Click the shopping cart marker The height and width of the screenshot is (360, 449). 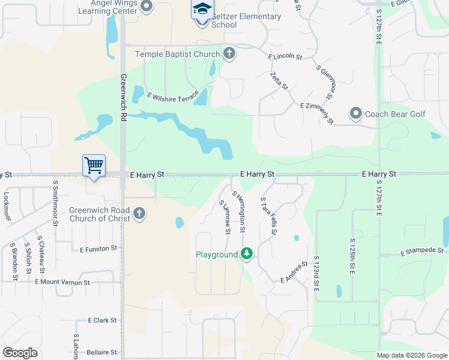(x=93, y=165)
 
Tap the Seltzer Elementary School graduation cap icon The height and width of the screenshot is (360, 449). (x=202, y=10)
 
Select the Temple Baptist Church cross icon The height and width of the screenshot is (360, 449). (x=229, y=54)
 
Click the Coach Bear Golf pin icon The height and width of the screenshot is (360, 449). (x=356, y=113)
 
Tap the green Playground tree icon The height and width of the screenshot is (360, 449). (x=246, y=254)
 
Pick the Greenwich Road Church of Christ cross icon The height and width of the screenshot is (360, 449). (x=139, y=214)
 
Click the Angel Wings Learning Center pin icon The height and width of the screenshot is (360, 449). (x=146, y=6)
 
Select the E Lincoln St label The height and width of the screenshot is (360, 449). (x=285, y=56)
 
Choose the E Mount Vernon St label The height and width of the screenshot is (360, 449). (x=62, y=282)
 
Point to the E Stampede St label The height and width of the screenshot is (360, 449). (x=424, y=250)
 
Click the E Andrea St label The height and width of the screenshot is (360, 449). (x=294, y=272)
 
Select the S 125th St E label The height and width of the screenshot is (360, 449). (x=353, y=254)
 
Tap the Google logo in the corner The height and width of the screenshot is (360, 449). (x=20, y=353)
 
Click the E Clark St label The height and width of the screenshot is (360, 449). (x=102, y=320)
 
